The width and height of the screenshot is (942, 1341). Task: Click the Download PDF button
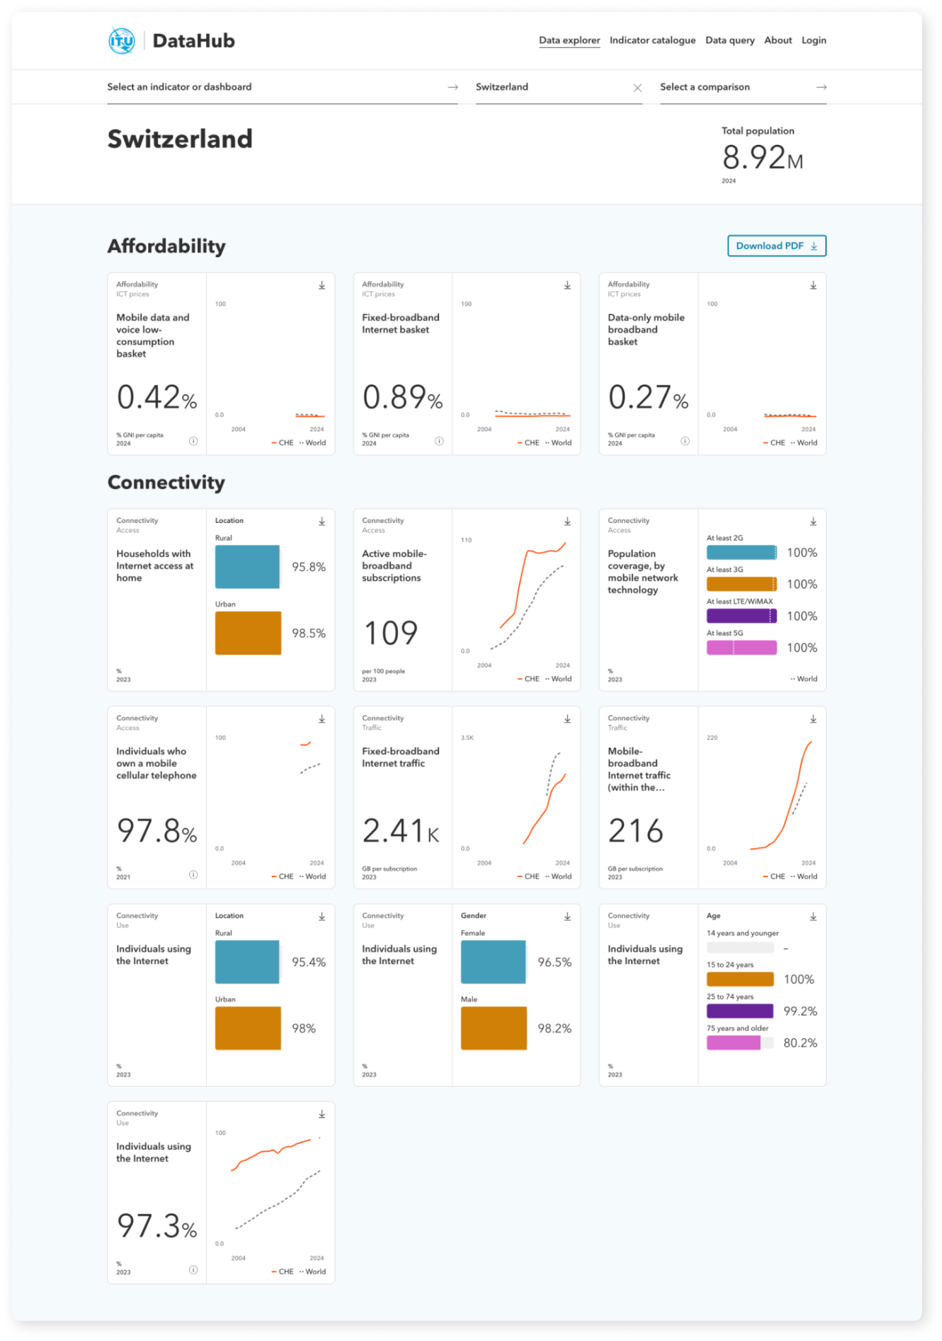776,246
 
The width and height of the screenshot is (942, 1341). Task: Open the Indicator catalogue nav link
652,40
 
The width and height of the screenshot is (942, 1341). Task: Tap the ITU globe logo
122,41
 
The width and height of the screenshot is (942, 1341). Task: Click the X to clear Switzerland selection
637,87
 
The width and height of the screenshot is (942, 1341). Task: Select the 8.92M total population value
762,158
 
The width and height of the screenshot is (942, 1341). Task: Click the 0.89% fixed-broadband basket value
402,397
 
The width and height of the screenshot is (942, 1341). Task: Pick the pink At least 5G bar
741,647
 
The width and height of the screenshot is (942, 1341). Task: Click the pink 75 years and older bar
733,1042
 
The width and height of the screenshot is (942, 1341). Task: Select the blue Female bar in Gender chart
493,962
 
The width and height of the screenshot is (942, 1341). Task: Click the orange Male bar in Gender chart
493,1028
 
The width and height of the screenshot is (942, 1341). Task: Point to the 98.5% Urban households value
308,633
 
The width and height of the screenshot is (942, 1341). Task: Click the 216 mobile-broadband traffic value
636,831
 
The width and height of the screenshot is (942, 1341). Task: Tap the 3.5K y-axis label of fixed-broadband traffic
467,738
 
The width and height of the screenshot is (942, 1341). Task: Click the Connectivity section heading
166,482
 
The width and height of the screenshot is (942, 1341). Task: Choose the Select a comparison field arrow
821,87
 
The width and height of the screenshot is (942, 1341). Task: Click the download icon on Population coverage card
813,521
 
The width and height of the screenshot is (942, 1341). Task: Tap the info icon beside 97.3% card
193,1270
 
